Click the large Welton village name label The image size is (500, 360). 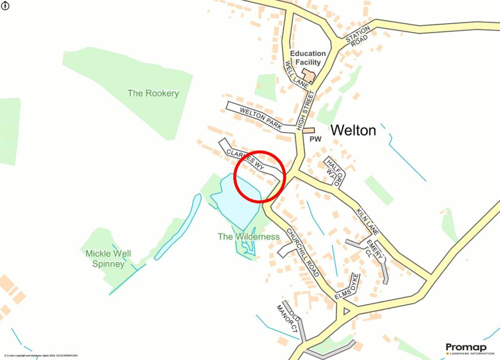click(x=354, y=130)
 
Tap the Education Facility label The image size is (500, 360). click(x=308, y=58)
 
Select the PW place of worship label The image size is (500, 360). click(x=316, y=139)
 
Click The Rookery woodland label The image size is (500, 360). click(x=153, y=93)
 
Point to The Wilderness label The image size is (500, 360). click(x=249, y=237)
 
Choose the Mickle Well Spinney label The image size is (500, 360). click(x=108, y=258)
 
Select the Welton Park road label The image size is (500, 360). click(x=261, y=119)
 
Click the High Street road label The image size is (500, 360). click(x=306, y=112)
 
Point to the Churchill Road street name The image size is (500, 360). click(x=303, y=253)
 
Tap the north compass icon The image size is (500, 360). click(x=5, y=5)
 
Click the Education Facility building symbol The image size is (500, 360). click(x=309, y=75)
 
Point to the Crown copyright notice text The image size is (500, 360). click(x=41, y=356)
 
